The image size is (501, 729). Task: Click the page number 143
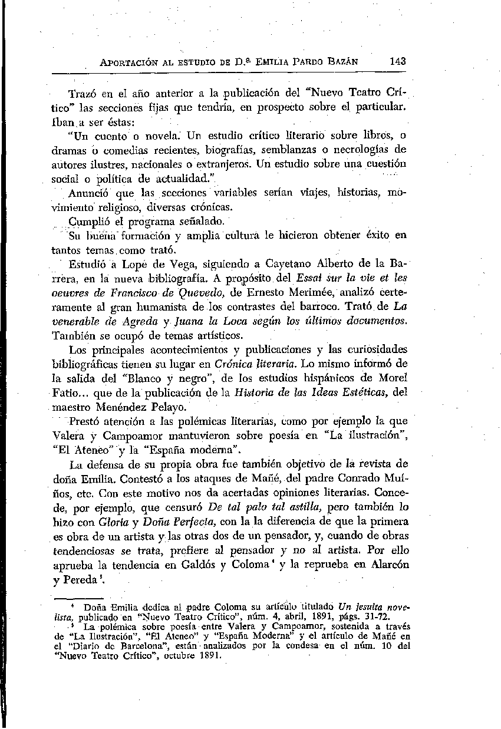398,61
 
